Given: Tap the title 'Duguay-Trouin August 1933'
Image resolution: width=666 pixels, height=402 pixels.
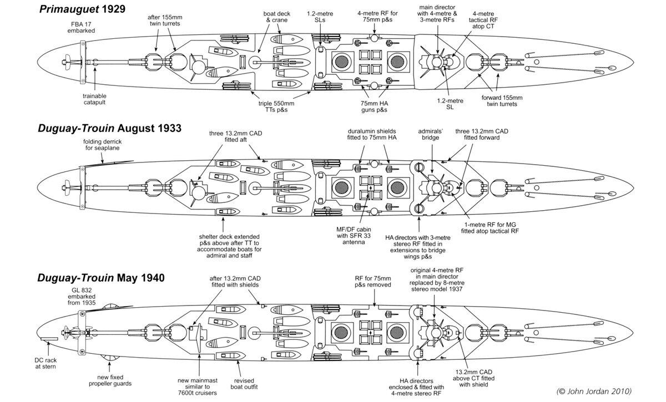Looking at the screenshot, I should [110, 128].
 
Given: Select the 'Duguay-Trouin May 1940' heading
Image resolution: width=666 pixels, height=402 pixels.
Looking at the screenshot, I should [100, 277].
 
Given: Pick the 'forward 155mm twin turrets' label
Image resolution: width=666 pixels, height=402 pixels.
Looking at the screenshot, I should [502, 100].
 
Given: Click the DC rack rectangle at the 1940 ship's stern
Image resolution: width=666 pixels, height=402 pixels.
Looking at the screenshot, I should [49, 337].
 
